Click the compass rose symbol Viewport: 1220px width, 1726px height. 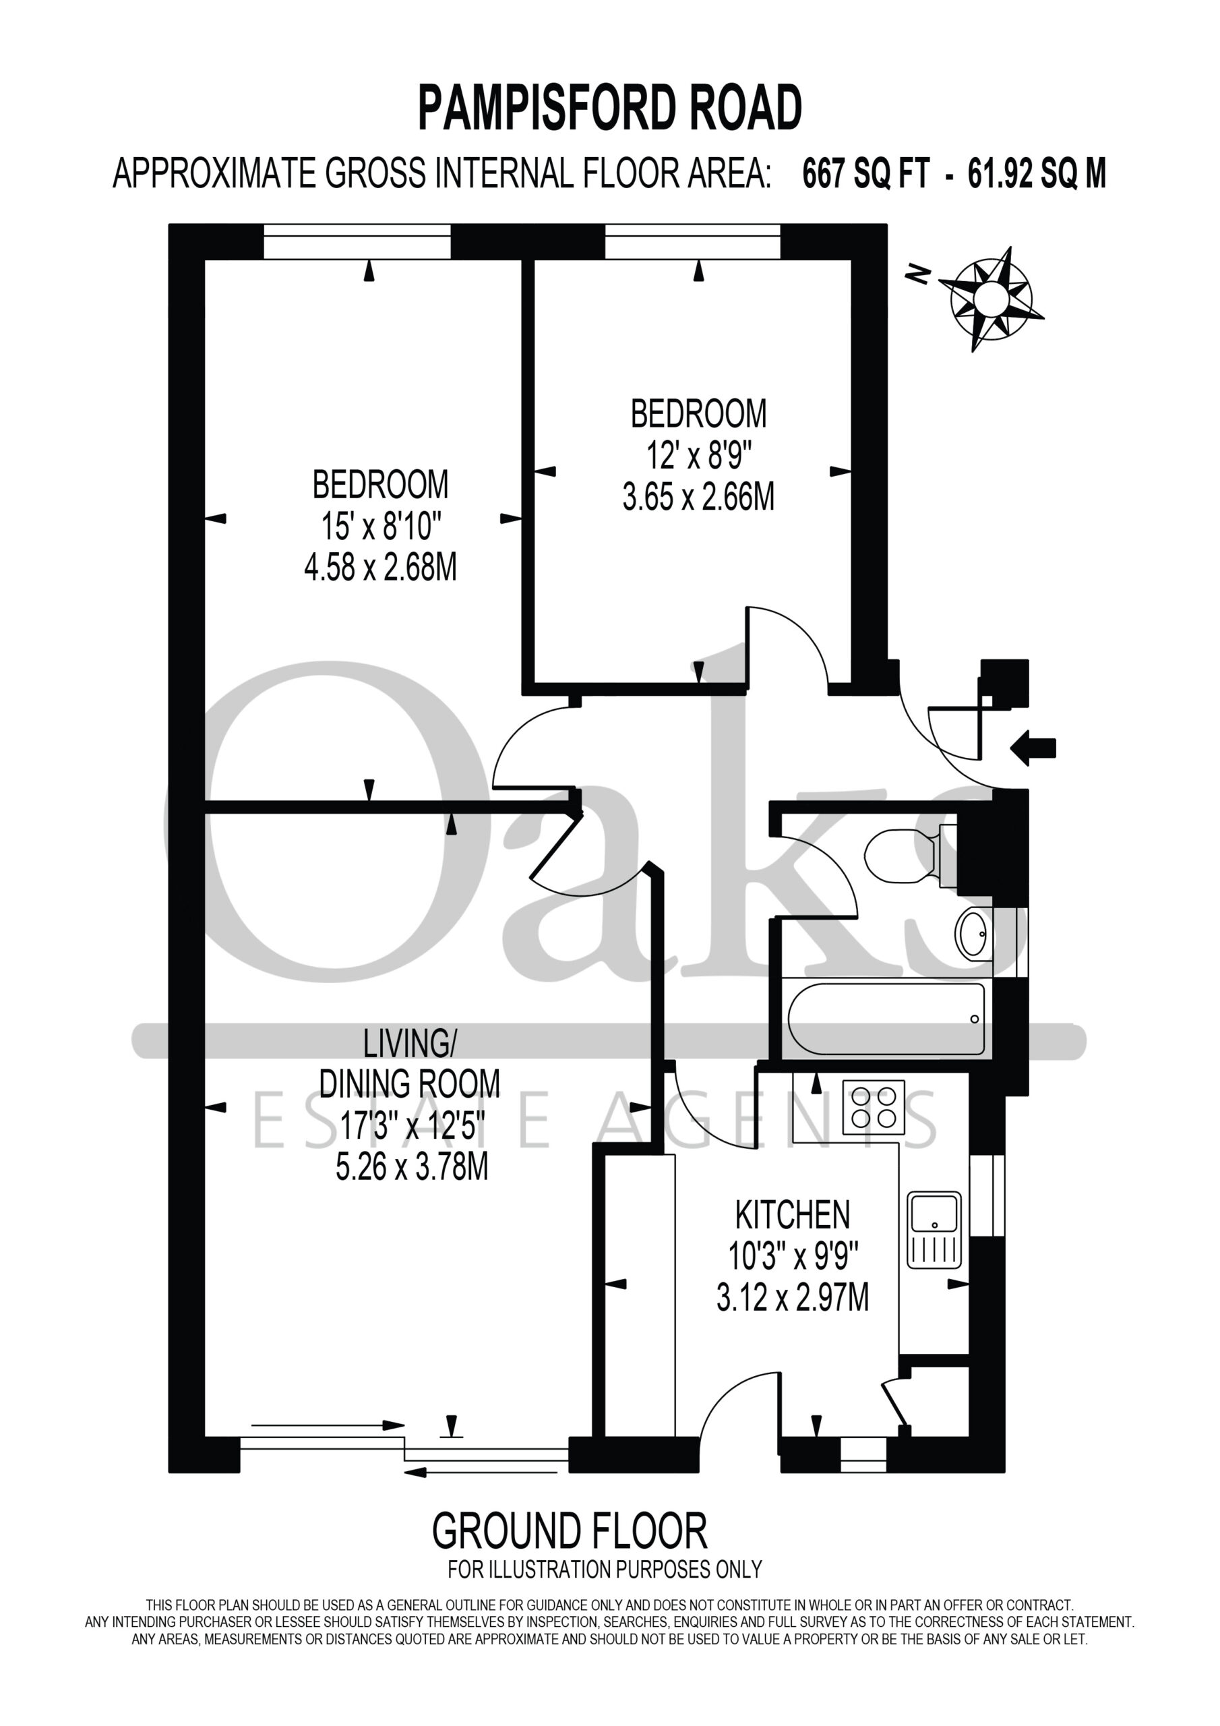990,299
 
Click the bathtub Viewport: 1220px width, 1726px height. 886,1019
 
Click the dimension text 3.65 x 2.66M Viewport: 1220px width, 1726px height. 698,497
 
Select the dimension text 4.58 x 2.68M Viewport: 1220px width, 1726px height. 380,568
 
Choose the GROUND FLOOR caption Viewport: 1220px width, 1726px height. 570,1530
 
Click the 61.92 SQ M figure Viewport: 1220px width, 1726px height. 1037,174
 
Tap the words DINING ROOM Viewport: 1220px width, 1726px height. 410,1083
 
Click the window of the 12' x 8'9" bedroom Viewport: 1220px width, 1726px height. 693,241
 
